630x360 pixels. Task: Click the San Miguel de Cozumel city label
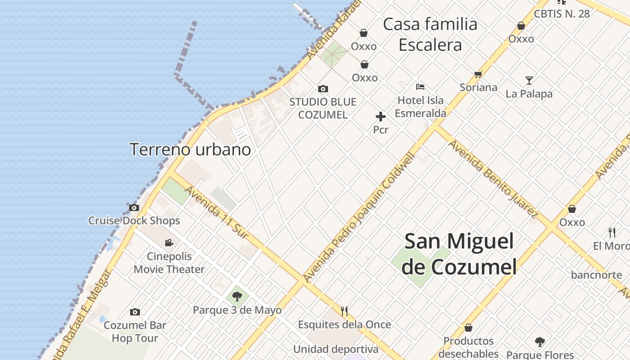point(459,254)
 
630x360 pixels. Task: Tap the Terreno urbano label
point(190,149)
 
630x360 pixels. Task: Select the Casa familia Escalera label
point(430,34)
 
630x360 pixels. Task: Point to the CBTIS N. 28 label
point(562,13)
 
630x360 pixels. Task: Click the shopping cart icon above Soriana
point(478,74)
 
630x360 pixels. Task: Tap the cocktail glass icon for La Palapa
point(529,81)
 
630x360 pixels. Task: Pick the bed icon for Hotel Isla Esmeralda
point(420,86)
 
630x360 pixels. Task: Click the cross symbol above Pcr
point(381,117)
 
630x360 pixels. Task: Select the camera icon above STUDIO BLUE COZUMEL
point(323,89)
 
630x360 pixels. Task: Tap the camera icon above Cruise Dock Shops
point(134,208)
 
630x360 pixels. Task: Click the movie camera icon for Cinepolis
point(169,243)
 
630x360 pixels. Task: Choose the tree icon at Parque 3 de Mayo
point(237,297)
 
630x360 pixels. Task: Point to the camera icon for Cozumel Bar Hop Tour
point(135,312)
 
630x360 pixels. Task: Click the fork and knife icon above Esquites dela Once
point(344,311)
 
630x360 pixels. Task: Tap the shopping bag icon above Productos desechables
point(468,328)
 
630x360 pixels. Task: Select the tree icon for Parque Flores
point(540,342)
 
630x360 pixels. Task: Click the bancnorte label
point(596,274)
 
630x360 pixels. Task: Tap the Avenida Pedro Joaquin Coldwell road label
point(359,218)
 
